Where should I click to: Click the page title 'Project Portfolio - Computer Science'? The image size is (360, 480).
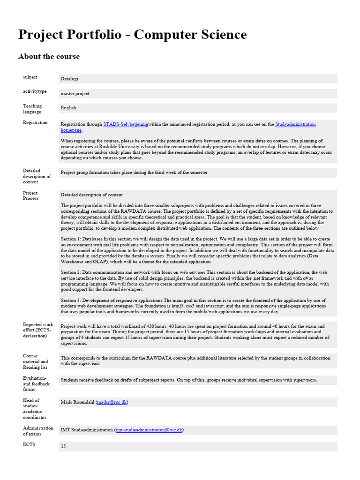pyautogui.click(x=132, y=35)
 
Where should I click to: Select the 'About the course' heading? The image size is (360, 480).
pyautogui.click(x=49, y=57)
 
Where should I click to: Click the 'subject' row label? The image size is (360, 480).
pyautogui.click(x=30, y=77)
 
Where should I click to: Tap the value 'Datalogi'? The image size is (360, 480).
pyautogui.click(x=69, y=79)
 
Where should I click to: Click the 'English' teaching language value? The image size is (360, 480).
pyautogui.click(x=68, y=108)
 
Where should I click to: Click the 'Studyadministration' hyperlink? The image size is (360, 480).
pyautogui.click(x=295, y=125)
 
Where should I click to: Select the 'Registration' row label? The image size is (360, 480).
pyautogui.click(x=35, y=123)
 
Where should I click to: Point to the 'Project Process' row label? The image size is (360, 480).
pyautogui.click(x=30, y=195)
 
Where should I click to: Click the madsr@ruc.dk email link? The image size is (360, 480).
pyautogui.click(x=112, y=402)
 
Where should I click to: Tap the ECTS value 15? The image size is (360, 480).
pyautogui.click(x=63, y=447)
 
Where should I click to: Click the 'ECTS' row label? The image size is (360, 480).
pyautogui.click(x=29, y=444)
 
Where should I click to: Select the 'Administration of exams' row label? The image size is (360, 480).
pyautogui.click(x=38, y=431)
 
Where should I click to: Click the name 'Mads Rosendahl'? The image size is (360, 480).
pyautogui.click(x=77, y=402)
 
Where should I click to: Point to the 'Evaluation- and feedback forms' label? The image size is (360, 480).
pyautogui.click(x=36, y=383)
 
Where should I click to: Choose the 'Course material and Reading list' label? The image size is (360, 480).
pyautogui.click(x=36, y=361)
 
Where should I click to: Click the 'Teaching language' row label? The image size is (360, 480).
pyautogui.click(x=32, y=109)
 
